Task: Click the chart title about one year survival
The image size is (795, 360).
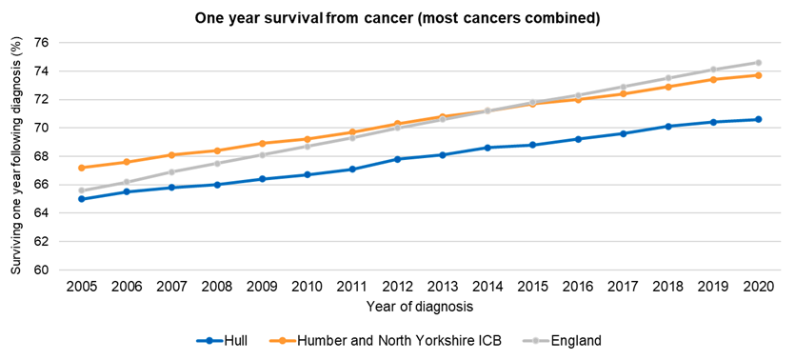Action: click(397, 18)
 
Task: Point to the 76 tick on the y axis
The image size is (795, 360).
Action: click(41, 43)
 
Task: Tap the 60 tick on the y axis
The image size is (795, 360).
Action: click(41, 270)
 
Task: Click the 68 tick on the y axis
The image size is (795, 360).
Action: click(41, 156)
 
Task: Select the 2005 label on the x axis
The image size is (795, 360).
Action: click(82, 286)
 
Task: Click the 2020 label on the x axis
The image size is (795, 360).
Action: click(758, 286)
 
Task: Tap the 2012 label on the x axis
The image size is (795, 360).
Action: click(397, 286)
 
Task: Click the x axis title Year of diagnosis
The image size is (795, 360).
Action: click(419, 307)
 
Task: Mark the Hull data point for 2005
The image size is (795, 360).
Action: click(82, 199)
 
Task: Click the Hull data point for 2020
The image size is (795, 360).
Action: click(758, 119)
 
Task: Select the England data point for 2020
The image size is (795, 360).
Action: click(758, 63)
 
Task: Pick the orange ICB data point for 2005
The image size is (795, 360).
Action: click(82, 168)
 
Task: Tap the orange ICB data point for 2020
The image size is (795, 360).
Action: click(758, 75)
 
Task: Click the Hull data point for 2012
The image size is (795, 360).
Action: click(397, 159)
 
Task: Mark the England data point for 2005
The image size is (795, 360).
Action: click(82, 190)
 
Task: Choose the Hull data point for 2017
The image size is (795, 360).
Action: click(623, 133)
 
